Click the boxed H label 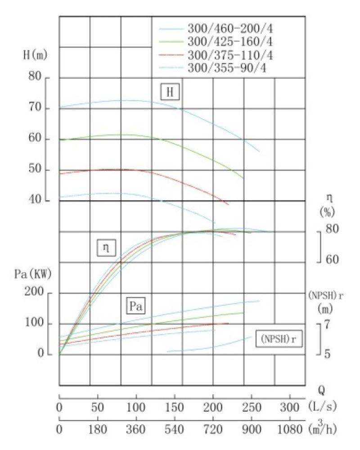(170, 93)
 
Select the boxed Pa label (137, 306)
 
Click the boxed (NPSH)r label (278, 337)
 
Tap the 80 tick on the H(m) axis (36, 77)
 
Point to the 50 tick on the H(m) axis (36, 170)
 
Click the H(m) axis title (35, 56)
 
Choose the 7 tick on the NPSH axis (327, 324)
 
